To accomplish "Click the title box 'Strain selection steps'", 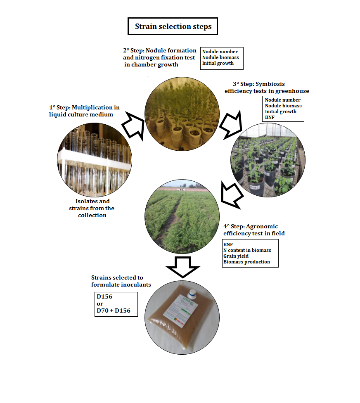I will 173,27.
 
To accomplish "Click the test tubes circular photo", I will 95,160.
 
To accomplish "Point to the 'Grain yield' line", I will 236,256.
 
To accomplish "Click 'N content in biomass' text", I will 247,250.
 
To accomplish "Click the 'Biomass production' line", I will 246,262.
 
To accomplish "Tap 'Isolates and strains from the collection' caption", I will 92,208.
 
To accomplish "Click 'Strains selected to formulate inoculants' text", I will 121,281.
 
